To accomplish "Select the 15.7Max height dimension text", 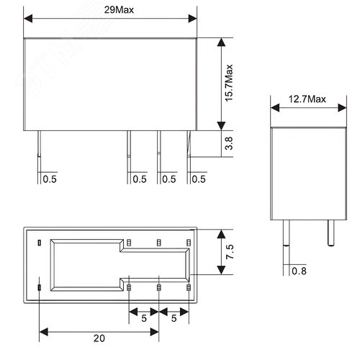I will coord(230,83).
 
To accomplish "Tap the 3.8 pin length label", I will coord(230,144).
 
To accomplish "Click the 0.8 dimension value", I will coord(300,271).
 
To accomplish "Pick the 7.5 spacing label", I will coord(230,252).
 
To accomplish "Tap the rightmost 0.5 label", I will coord(199,179).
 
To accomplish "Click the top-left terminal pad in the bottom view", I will coord(39,241).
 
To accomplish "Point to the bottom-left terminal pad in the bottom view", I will coord(39,289).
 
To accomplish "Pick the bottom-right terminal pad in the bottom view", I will coord(189,289).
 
